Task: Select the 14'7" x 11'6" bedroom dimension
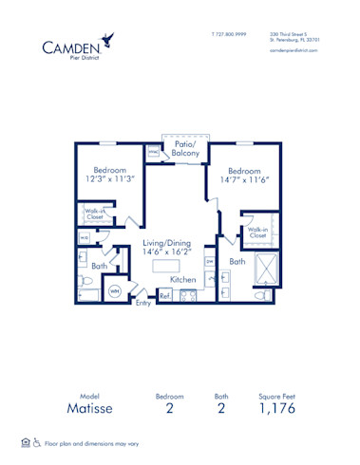(244, 177)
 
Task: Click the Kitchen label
(183, 280)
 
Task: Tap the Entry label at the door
(142, 303)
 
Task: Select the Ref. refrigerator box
(163, 296)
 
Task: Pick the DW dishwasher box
(210, 261)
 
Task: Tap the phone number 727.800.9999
(228, 33)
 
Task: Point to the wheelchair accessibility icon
(37, 443)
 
